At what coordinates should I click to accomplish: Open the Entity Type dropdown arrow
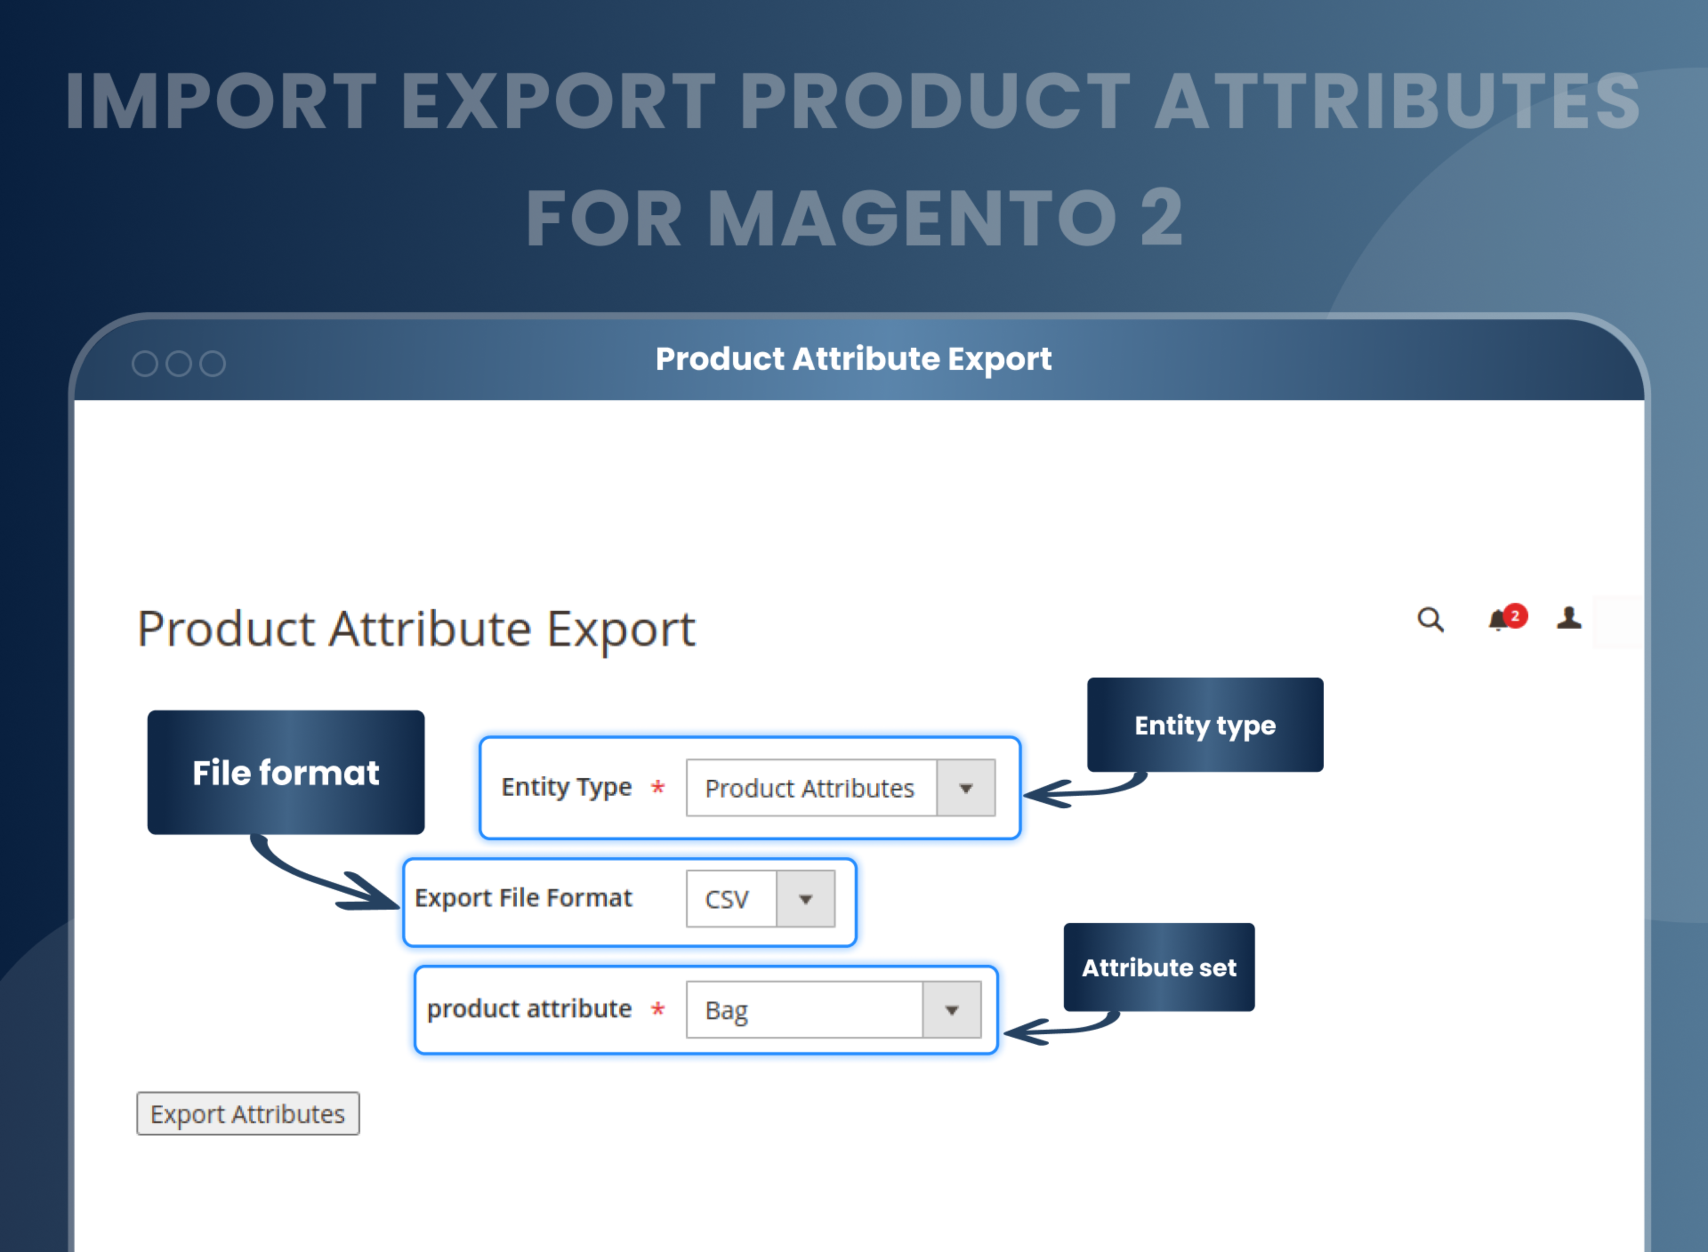[965, 788]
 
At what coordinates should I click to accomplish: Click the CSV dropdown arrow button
[805, 899]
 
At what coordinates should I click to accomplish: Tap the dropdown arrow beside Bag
[951, 1010]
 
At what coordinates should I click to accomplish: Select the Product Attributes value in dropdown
[810, 788]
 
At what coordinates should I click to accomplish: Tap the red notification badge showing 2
[1515, 615]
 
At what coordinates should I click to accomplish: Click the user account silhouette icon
[1568, 618]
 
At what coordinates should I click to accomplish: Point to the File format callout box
[286, 772]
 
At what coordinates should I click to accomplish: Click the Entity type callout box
[1204, 725]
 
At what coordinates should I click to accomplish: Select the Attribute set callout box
[1158, 967]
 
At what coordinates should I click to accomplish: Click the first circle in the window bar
[145, 364]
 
